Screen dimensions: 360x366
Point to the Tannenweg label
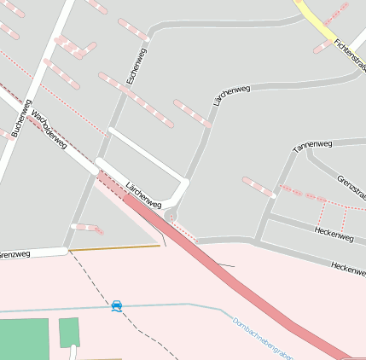pos(311,146)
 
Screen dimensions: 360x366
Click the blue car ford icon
pos(116,305)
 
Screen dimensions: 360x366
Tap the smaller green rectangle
pos(69,332)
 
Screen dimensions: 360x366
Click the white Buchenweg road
pos(43,77)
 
